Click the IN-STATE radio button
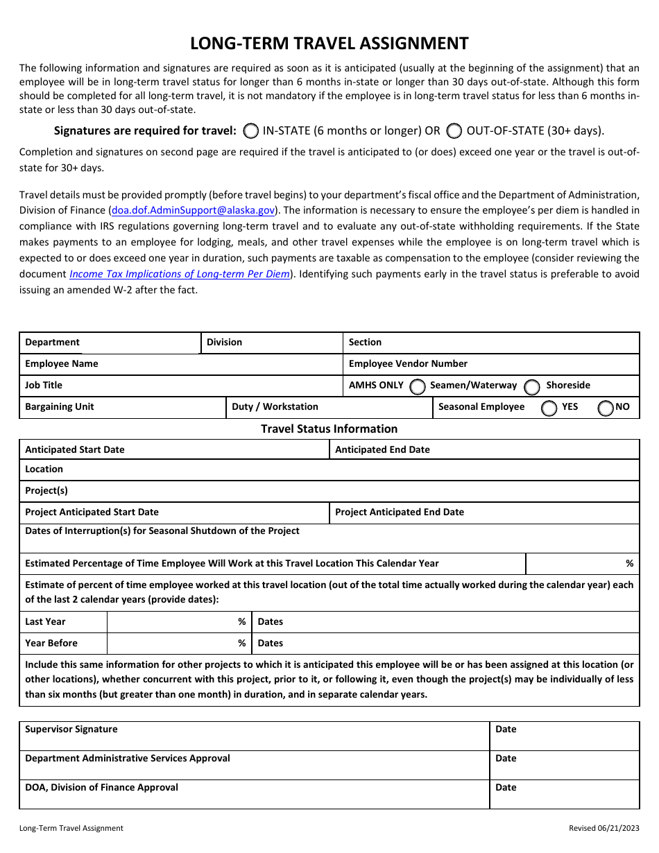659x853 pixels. pyautogui.click(x=252, y=130)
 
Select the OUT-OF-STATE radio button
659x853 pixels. pyautogui.click(x=455, y=130)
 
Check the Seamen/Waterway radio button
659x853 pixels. pyautogui.click(x=418, y=386)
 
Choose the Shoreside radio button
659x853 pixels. pyautogui.click(x=532, y=386)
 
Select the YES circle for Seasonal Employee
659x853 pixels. pyautogui.click(x=549, y=408)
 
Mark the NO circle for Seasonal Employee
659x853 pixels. pyautogui.click(x=606, y=408)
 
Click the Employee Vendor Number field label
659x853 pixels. pyautogui.click(x=408, y=363)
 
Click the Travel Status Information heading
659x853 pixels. pyautogui.click(x=329, y=429)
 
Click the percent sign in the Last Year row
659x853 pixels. pyautogui.click(x=241, y=621)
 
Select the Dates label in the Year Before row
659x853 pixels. pyautogui.click(x=270, y=643)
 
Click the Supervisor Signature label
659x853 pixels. pyautogui.click(x=71, y=729)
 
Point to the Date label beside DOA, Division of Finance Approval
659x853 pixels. pyautogui.click(x=506, y=787)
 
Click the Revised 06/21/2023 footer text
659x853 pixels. pyautogui.click(x=604, y=828)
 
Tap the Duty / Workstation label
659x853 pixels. pyautogui.click(x=275, y=406)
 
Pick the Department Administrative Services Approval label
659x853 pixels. pyautogui.click(x=128, y=758)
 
